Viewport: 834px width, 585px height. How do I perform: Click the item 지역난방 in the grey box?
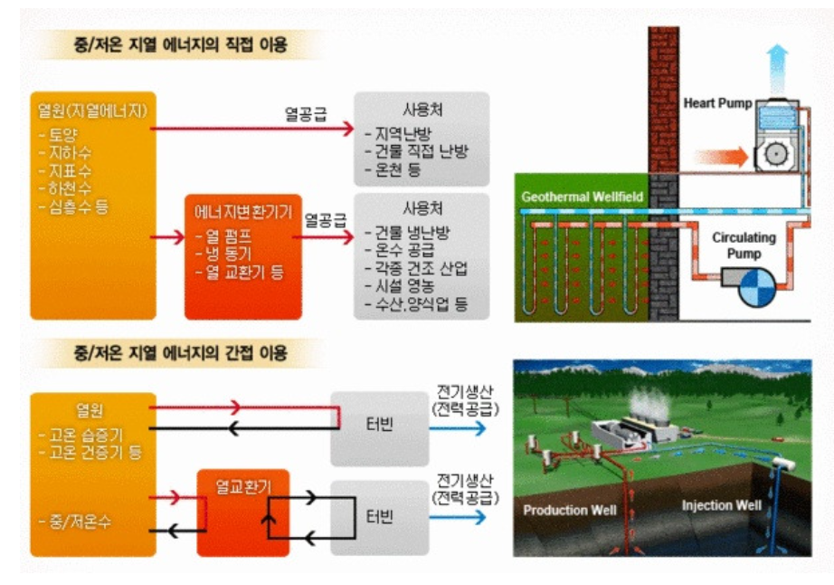tap(398, 132)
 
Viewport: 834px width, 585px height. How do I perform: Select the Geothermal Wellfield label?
tap(583, 197)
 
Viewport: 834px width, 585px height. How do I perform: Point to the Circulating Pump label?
tap(744, 245)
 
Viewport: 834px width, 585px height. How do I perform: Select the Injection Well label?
tap(721, 504)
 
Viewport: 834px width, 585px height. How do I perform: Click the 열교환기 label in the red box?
tap(242, 486)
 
